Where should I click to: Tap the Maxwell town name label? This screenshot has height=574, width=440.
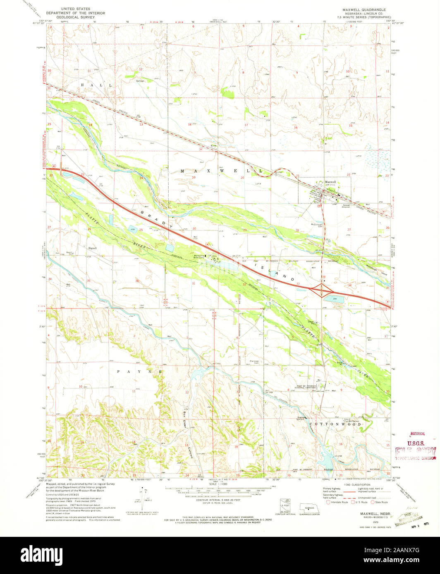click(330, 182)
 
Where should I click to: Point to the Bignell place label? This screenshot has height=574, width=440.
click(92, 248)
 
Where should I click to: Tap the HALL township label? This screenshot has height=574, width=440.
click(96, 85)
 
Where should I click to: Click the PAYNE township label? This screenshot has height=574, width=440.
click(139, 371)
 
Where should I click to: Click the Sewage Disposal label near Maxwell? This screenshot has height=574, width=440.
click(346, 205)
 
